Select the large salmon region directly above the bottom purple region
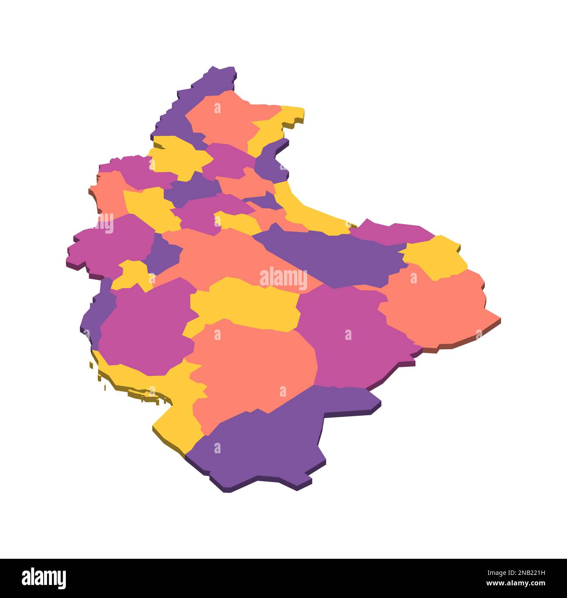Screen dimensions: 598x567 coord(253,366)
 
